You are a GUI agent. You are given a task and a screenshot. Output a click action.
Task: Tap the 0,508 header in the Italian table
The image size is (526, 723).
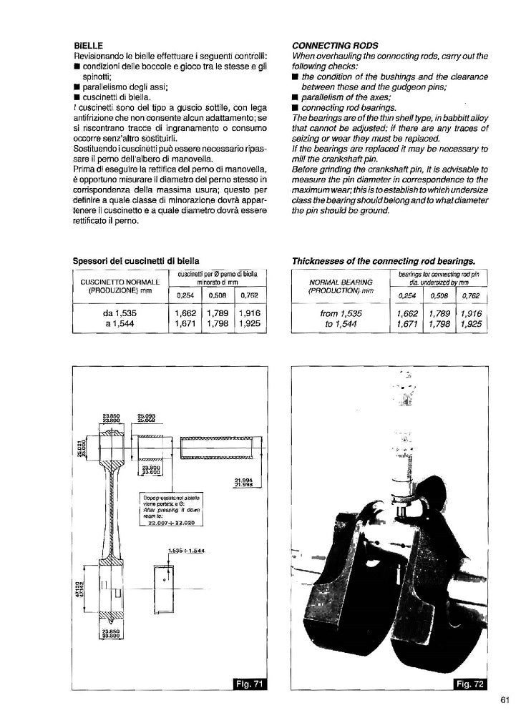pyautogui.click(x=219, y=295)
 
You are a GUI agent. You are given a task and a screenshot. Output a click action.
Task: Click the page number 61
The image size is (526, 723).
pyautogui.click(x=504, y=700)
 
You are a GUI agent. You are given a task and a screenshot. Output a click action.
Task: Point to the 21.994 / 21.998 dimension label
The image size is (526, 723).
pyautogui.click(x=243, y=481)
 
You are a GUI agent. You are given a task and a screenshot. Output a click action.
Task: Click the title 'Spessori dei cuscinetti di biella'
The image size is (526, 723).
pyautogui.click(x=136, y=261)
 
